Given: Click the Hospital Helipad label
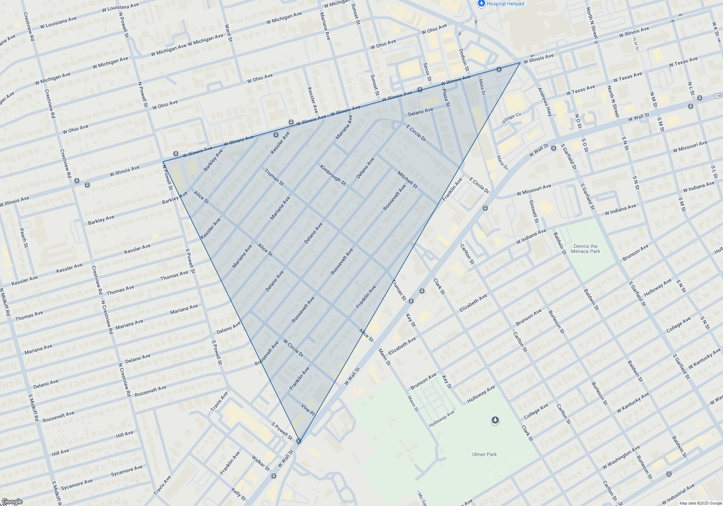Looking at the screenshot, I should (505, 4).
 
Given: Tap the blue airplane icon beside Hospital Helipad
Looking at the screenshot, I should (481, 4).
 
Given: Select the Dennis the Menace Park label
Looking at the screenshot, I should (585, 249).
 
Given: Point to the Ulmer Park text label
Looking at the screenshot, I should (484, 454).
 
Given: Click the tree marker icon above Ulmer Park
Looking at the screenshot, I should (495, 420).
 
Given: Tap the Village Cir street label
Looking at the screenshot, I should (512, 118).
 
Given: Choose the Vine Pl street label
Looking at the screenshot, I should (308, 408).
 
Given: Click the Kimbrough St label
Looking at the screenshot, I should (333, 175).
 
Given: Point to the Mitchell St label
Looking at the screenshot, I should (407, 180).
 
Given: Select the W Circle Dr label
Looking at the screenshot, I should (293, 348).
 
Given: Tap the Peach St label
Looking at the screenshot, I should (23, 238).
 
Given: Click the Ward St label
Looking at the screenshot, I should (228, 33).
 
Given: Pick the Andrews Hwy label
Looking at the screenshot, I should (545, 102).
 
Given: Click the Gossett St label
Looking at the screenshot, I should (534, 211).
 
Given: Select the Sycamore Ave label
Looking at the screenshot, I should (127, 471).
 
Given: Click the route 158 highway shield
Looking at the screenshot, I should (718, 96).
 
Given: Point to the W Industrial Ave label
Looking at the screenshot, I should (678, 494).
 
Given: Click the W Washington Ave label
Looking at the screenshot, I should (621, 457).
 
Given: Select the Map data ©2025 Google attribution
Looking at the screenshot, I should (701, 503).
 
